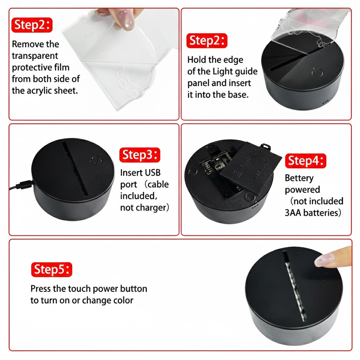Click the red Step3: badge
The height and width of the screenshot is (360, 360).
pyautogui.click(x=140, y=155)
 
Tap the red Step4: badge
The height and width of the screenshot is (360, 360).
pyautogui.click(x=306, y=161)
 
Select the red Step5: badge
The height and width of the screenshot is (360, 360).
pyautogui.click(x=52, y=269)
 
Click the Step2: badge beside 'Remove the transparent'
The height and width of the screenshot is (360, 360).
pyautogui.click(x=32, y=25)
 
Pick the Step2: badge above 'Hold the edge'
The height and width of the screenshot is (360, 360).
pyautogui.click(x=207, y=41)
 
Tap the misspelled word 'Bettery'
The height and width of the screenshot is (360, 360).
pyautogui.click(x=299, y=178)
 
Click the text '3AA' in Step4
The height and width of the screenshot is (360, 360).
pyautogui.click(x=293, y=213)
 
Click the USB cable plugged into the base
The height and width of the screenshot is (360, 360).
pyautogui.click(x=21, y=185)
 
